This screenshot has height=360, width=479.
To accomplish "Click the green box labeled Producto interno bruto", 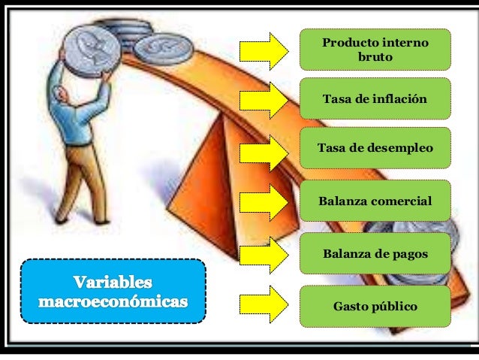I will point(375,49).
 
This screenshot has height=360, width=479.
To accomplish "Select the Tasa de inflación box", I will point(375,98).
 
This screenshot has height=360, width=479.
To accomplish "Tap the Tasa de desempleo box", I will point(375,148).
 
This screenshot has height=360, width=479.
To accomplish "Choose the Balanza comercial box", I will point(375,201).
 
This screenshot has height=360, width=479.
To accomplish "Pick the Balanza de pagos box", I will point(375,254).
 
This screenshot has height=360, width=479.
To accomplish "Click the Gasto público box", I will point(375,306).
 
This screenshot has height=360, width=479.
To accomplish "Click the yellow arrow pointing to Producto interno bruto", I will point(263,50).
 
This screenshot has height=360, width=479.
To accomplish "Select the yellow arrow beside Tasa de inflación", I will point(263,99).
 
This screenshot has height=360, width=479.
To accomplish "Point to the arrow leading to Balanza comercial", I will point(263,202).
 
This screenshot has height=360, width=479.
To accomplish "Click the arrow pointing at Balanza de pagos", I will point(263,254).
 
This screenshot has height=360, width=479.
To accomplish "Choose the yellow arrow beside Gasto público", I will point(263,306).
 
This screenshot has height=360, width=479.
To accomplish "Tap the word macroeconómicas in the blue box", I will point(113,301).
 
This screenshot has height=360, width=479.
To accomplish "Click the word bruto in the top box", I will point(375,57).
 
